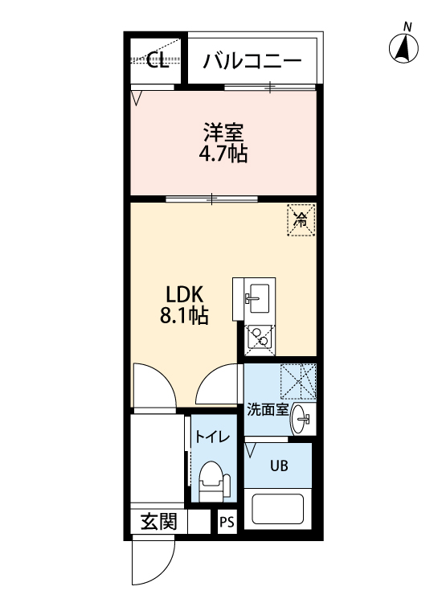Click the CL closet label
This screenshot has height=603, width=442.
pos(158,60)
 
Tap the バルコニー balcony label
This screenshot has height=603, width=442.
pos(252,61)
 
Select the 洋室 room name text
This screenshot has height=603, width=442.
pos(223,133)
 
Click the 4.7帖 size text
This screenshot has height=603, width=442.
pos(223,154)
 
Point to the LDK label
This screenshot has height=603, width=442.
pos(184,295)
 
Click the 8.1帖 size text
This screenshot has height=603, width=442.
pos(184,315)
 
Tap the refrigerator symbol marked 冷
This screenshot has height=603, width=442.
pos(301,220)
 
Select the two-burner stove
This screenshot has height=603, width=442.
pos(260,340)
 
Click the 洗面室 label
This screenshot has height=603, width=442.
pos(268,409)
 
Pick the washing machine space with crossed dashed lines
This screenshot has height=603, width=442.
pos(298,381)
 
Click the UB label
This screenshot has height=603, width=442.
pos(279,466)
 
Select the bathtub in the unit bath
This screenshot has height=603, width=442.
pos(277,509)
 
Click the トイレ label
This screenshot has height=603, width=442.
pos(212,437)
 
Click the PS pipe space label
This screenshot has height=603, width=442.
pos(227,522)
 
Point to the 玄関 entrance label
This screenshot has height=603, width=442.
pos(159,522)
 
